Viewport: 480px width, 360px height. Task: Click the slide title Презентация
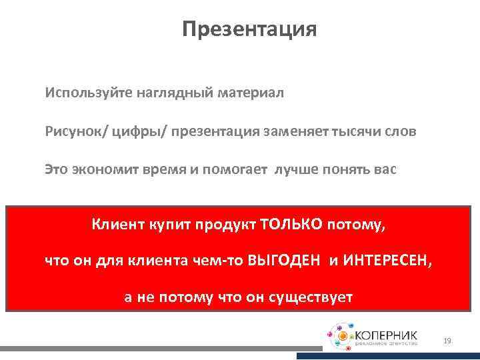click(249, 29)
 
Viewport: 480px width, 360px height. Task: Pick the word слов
click(401, 131)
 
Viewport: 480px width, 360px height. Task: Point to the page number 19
click(447, 341)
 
